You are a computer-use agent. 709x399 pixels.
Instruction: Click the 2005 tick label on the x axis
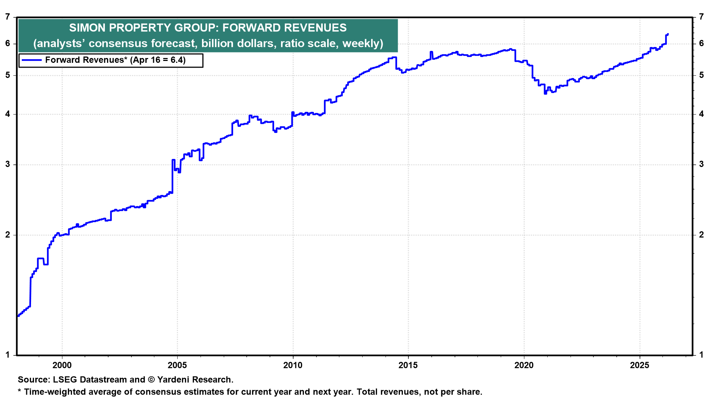click(x=177, y=365)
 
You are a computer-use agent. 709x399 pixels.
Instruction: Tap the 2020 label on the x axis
click(x=524, y=365)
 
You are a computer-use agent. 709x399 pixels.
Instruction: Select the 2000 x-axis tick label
click(x=62, y=365)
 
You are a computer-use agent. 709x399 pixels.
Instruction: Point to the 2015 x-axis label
click(x=408, y=365)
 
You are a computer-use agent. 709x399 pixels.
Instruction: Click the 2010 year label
click(x=293, y=365)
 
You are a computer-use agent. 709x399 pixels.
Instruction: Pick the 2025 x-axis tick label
click(x=639, y=365)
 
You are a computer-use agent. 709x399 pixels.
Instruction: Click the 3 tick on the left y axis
click(x=8, y=164)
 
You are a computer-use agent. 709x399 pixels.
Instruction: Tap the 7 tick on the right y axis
click(x=701, y=17)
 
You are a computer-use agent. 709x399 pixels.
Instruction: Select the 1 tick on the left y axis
click(x=8, y=355)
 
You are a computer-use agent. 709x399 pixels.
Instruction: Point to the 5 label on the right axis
click(x=701, y=75)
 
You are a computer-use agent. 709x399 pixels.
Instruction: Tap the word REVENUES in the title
click(x=316, y=28)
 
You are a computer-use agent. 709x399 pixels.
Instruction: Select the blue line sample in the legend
click(x=31, y=60)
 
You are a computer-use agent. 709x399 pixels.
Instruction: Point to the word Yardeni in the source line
click(x=175, y=379)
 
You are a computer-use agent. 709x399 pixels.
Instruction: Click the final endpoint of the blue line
click(x=668, y=34)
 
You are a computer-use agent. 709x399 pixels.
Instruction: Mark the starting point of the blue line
click(x=18, y=316)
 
